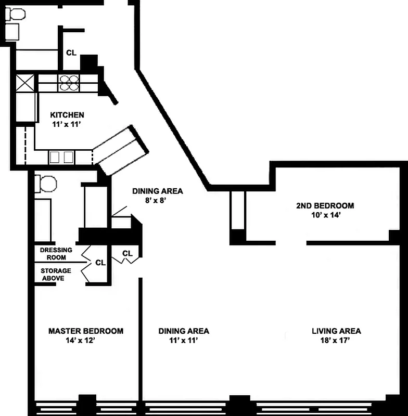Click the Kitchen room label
coord(67,115)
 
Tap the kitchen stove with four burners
coord(69,83)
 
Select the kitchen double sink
coord(61,158)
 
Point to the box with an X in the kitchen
coord(25,83)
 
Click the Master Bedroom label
coord(86,331)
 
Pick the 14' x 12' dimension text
coord(81,341)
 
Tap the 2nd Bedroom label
coord(325,205)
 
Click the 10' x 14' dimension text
coord(326,215)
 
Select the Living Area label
coord(336,331)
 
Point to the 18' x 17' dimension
coord(335,341)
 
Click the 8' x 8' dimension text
coord(156,201)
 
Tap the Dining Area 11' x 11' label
coord(184,335)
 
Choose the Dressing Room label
coord(56,254)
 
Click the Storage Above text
coord(56,275)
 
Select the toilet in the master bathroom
coord(46,184)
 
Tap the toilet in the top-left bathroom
coord(15,14)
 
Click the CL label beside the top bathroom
coord(71,53)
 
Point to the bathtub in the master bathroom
coord(43,220)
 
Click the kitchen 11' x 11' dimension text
coord(67,124)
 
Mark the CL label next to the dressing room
coord(100,263)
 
